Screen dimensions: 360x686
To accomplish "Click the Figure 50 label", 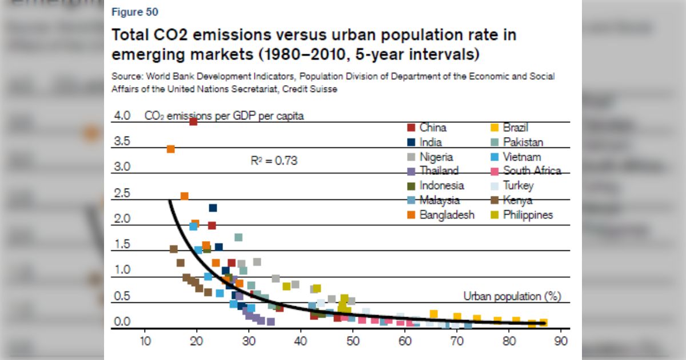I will (x=135, y=12).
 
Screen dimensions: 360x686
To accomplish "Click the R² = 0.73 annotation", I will (x=274, y=161).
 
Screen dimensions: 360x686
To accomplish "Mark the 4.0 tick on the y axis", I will (x=122, y=115).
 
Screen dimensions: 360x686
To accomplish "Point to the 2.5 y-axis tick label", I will (x=122, y=193).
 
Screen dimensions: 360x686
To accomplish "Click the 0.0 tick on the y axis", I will (x=122, y=322).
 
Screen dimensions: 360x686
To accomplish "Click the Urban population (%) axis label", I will (x=512, y=296).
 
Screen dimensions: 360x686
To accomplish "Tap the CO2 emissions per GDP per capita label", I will (x=224, y=116).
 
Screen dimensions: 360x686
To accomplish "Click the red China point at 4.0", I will (x=193, y=121).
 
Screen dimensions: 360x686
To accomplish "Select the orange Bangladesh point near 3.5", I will (x=170, y=149).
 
